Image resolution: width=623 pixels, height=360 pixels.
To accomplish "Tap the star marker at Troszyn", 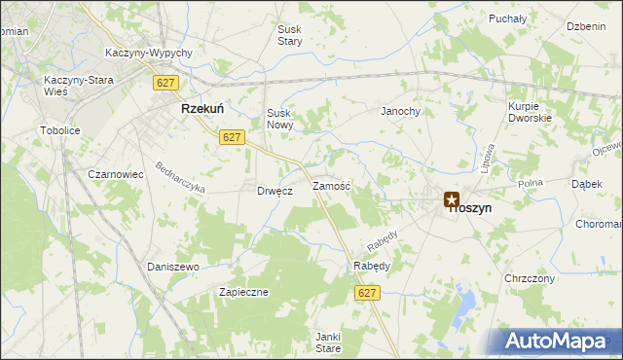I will [452, 200].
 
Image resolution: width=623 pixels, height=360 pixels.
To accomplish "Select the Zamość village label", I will [331, 185].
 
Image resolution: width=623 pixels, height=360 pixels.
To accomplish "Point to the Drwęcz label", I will [275, 191].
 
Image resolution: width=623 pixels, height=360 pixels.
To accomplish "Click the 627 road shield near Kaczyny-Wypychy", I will [164, 84].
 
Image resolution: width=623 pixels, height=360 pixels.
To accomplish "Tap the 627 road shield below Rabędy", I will [366, 293].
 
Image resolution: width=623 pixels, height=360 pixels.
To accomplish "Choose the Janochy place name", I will [400, 111].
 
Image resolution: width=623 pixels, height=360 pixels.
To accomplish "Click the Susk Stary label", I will [290, 36].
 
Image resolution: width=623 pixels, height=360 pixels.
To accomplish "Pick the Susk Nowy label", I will [279, 119].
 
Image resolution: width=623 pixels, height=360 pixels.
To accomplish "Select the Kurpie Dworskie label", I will [530, 111].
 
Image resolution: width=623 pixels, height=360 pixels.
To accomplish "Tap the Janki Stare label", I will [327, 342].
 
